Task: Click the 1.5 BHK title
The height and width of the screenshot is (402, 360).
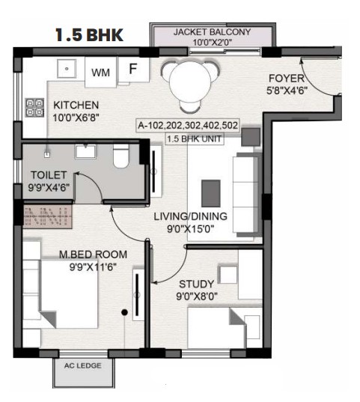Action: pyautogui.click(x=89, y=35)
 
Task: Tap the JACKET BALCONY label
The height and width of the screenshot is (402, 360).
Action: pyautogui.click(x=212, y=32)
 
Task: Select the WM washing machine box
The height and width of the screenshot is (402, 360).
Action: pyautogui.click(x=100, y=73)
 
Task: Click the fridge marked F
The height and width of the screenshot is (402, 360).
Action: pyautogui.click(x=133, y=69)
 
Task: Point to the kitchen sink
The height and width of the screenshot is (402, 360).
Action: pyautogui.click(x=67, y=69)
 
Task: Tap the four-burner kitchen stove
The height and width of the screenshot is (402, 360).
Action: pyautogui.click(x=34, y=108)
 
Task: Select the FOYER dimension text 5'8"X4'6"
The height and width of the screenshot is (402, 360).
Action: pyautogui.click(x=287, y=91)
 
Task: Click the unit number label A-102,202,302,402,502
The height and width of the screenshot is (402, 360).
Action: pyautogui.click(x=188, y=125)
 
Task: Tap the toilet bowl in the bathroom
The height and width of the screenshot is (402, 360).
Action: pyautogui.click(x=120, y=156)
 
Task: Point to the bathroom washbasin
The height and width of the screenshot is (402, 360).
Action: pyautogui.click(x=85, y=151)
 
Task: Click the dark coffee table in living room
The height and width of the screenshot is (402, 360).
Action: pyautogui.click(x=211, y=193)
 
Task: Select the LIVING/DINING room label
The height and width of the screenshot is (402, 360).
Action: pyautogui.click(x=191, y=216)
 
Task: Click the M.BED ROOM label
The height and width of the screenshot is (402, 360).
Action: pyautogui.click(x=93, y=255)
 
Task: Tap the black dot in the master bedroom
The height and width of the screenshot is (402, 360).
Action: pyautogui.click(x=124, y=312)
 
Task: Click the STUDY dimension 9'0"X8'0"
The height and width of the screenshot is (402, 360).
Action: pyautogui.click(x=197, y=296)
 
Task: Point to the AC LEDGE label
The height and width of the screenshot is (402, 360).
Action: pyautogui.click(x=83, y=365)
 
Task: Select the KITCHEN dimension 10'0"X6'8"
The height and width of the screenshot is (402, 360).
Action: pyautogui.click(x=76, y=118)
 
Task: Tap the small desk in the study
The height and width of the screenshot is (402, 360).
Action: pyautogui.click(x=228, y=274)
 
